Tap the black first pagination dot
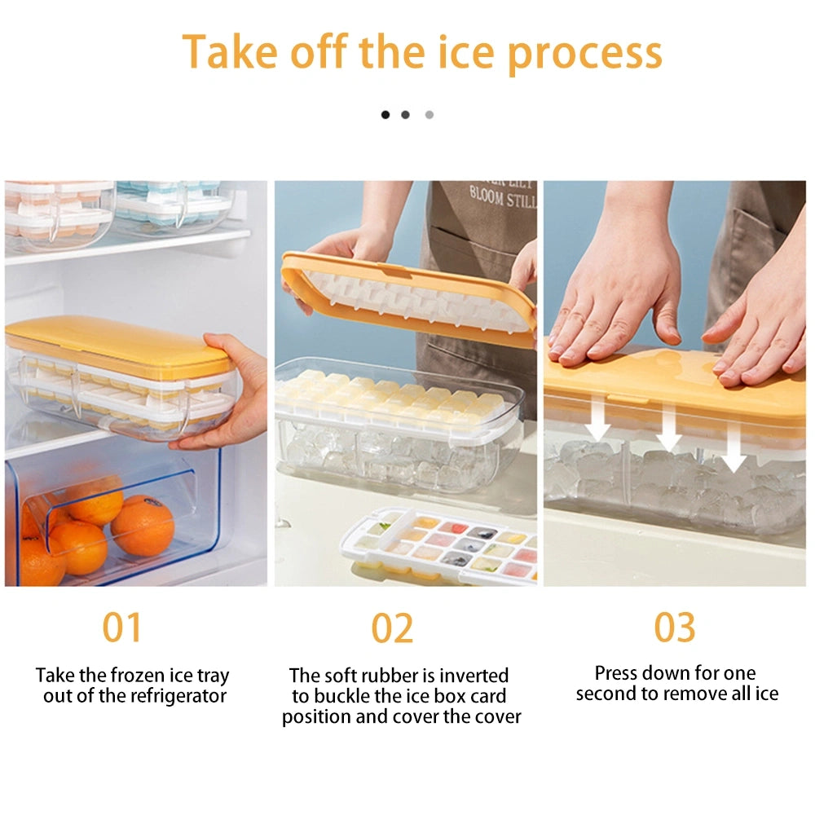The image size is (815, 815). pyautogui.click(x=385, y=115)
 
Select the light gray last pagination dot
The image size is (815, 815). pyautogui.click(x=430, y=115)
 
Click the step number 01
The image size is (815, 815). pyautogui.click(x=122, y=628)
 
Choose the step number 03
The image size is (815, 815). pyautogui.click(x=675, y=628)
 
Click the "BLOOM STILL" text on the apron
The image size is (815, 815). pyautogui.click(x=503, y=198)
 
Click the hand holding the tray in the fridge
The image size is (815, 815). pyautogui.click(x=228, y=399)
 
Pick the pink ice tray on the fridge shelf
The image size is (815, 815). pyautogui.click(x=57, y=212)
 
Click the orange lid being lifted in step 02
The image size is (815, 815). pyautogui.click(x=407, y=297)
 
